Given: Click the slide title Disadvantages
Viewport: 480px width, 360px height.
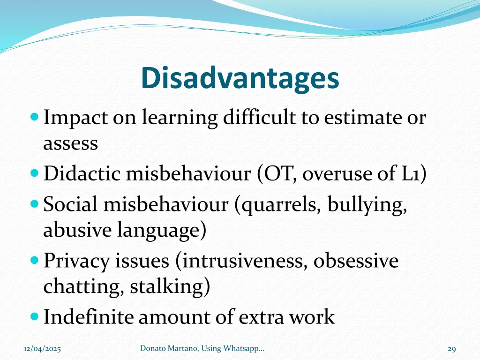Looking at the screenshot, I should pos(240,78).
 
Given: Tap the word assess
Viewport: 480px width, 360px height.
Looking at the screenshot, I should pos(70,143).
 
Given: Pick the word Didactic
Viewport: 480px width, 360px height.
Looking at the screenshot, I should pos(84,174).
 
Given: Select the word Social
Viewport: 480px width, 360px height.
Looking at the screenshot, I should pos(70,204).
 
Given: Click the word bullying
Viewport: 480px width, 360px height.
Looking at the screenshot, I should pos(367,205).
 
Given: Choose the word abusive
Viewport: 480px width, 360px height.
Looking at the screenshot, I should pos(77,230).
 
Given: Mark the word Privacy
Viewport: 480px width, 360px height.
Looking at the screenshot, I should pos(76,261).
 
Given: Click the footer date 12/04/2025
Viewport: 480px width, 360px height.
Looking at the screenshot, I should pos(43,348).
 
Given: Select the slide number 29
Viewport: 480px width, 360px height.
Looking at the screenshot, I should pos(452,348).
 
